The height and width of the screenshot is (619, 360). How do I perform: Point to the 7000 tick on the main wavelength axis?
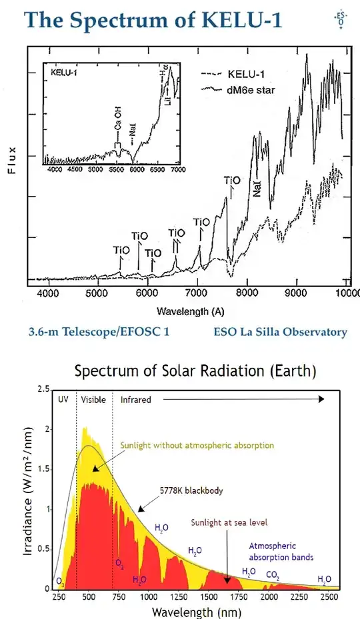pyautogui.click(x=197, y=293)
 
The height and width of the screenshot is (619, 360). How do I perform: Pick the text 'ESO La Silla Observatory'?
pyautogui.click(x=280, y=332)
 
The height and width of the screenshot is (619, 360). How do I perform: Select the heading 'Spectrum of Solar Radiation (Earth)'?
pyautogui.click(x=195, y=370)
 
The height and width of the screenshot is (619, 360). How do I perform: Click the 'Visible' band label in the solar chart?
pyautogui.click(x=94, y=400)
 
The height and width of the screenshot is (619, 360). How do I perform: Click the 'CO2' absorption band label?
pyautogui.click(x=273, y=575)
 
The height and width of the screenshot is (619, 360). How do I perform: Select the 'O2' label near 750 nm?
pyautogui.click(x=120, y=564)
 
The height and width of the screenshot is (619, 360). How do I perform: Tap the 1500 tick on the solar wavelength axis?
pyautogui.click(x=209, y=597)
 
